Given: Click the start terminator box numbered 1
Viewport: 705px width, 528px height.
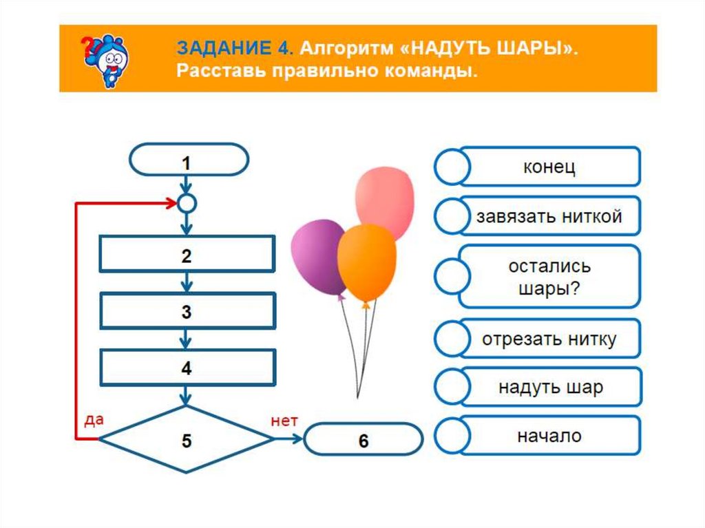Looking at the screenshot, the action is [x=187, y=162].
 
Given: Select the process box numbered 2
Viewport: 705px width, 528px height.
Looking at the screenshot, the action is [x=187, y=255].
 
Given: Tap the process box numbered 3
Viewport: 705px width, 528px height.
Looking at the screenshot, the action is [x=187, y=311].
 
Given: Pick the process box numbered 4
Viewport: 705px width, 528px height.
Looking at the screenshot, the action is [x=187, y=368].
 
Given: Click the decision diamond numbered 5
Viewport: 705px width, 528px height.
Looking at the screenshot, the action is [x=187, y=440].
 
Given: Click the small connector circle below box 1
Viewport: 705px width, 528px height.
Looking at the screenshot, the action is [x=187, y=203].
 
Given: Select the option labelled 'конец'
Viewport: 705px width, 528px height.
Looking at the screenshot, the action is [x=549, y=167].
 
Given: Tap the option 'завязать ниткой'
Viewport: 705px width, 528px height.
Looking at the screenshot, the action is [x=549, y=216].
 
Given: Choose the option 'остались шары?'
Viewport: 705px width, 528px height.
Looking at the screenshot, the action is [x=549, y=277].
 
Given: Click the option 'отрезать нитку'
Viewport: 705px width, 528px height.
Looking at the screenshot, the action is [x=549, y=339].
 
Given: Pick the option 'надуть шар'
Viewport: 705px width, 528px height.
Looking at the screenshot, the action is [x=549, y=387].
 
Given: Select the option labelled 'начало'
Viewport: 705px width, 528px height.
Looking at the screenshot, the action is [x=549, y=435].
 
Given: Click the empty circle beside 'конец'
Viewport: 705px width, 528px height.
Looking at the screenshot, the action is [x=452, y=167].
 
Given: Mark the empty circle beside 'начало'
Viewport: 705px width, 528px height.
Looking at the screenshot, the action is [x=452, y=436].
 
